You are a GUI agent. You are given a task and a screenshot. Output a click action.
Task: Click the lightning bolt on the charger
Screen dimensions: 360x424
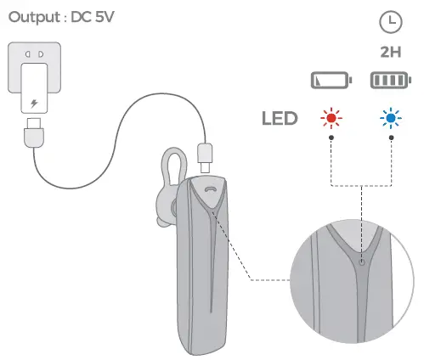[34, 105]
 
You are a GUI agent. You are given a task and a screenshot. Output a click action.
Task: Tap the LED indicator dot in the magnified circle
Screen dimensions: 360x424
[363, 262]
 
